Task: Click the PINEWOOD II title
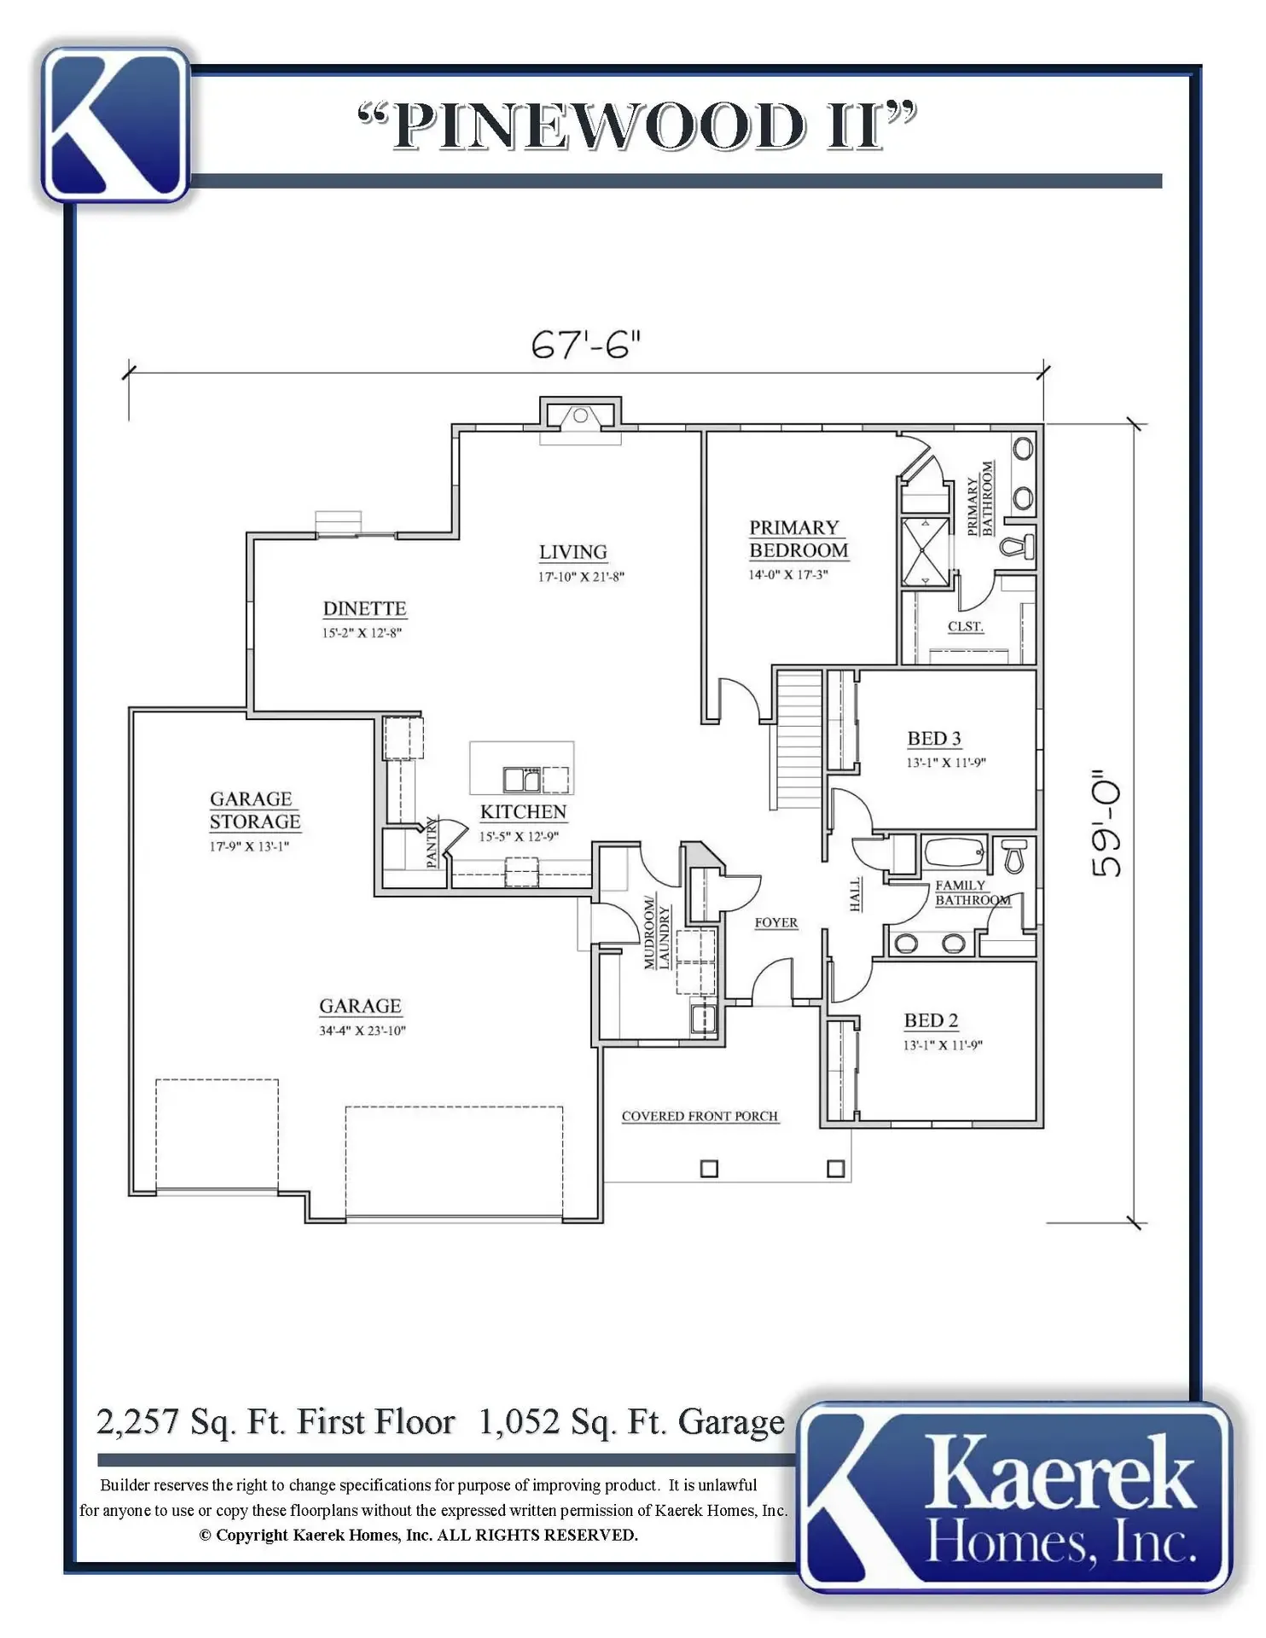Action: pyautogui.click(x=637, y=125)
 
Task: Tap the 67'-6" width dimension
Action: pyautogui.click(x=585, y=345)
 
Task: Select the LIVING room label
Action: pyautogui.click(x=572, y=552)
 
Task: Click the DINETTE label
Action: pyautogui.click(x=364, y=608)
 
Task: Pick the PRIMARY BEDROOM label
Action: pyautogui.click(x=799, y=539)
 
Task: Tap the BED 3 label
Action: pyautogui.click(x=934, y=738)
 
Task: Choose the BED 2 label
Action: pyautogui.click(x=931, y=1020)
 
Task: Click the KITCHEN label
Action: pyautogui.click(x=523, y=811)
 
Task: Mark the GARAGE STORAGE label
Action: pyautogui.click(x=255, y=810)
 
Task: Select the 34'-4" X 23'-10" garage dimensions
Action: pyautogui.click(x=363, y=1031)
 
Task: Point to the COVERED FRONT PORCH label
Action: pyautogui.click(x=700, y=1116)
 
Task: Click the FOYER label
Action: pyautogui.click(x=776, y=922)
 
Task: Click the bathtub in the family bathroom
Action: pyautogui.click(x=955, y=853)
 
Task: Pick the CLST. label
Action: pyautogui.click(x=966, y=626)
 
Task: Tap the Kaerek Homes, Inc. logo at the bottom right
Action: pyautogui.click(x=1015, y=1499)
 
